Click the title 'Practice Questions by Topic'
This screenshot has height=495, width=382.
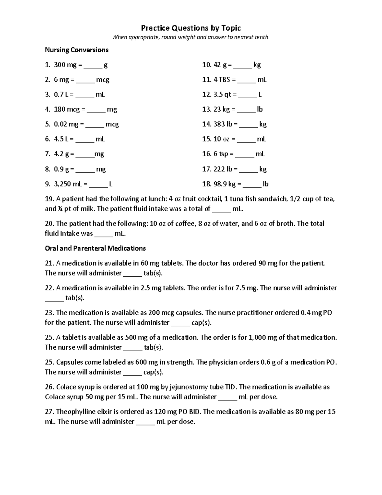pyautogui.click(x=191, y=28)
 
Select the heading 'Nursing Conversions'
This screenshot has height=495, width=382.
pyautogui.click(x=76, y=50)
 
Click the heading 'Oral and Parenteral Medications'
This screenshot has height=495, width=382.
pyautogui.click(x=95, y=248)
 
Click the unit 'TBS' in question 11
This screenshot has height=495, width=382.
pyautogui.click(x=224, y=80)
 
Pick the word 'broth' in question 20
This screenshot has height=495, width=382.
pyautogui.click(x=286, y=224)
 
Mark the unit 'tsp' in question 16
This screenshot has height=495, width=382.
pyautogui.click(x=223, y=154)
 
